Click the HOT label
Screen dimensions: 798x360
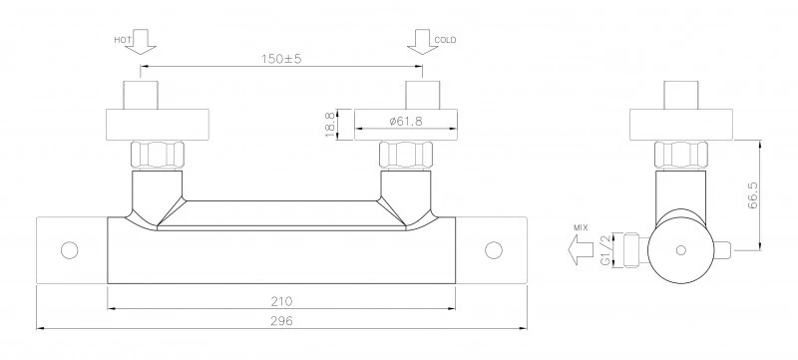point(122,40)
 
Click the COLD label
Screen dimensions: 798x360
point(445,40)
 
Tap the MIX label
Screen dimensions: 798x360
point(581,227)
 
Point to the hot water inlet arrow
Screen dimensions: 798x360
point(141,42)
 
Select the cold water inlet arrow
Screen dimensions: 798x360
point(422,42)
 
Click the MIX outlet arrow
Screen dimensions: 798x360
point(581,249)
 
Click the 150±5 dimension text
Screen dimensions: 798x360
point(281,59)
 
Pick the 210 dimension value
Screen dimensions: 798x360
point(281,301)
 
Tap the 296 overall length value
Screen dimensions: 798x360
point(281,321)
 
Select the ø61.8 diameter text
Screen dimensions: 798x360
point(406,121)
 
